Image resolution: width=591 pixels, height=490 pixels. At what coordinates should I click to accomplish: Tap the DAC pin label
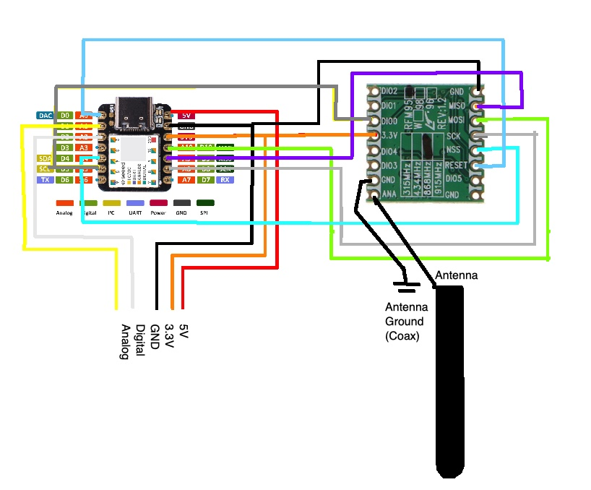44,115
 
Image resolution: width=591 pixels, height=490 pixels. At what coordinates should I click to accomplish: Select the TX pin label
45,179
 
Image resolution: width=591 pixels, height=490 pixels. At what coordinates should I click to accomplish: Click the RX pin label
225,179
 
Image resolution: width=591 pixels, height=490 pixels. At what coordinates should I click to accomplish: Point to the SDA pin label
44,158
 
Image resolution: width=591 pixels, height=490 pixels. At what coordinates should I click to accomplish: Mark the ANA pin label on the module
389,194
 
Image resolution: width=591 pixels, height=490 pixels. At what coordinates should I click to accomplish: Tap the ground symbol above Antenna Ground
407,288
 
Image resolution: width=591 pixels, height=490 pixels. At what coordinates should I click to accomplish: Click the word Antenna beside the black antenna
456,275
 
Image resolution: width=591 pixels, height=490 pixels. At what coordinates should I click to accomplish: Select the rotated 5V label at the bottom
184,332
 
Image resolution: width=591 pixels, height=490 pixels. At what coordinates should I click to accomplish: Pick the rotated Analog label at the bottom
125,342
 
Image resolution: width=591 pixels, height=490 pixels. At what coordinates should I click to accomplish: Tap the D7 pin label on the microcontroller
206,179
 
